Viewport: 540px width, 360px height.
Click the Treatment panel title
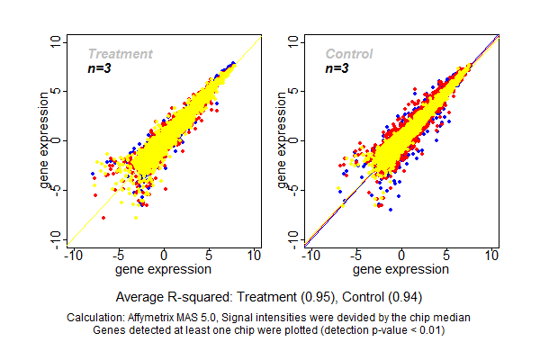pyautogui.click(x=120, y=54)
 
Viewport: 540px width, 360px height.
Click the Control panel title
pyautogui.click(x=349, y=54)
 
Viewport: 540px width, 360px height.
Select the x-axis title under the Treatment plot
pyautogui.click(x=164, y=269)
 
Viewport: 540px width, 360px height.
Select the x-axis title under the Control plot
pyautogui.click(x=400, y=269)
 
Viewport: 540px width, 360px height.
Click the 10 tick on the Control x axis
pyautogui.click(x=492, y=256)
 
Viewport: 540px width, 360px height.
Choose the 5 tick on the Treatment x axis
pyautogui.click(x=210, y=256)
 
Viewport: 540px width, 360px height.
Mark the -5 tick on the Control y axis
pyautogui.click(x=296, y=189)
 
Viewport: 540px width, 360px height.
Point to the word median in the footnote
pyautogui.click(x=453, y=318)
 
